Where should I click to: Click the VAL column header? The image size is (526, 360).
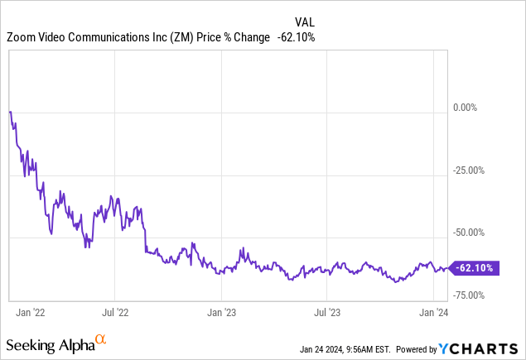[305, 22]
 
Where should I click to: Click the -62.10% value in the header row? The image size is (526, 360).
[295, 37]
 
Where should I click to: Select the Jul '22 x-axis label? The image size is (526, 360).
[115, 313]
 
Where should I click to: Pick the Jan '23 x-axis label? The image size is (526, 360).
[220, 313]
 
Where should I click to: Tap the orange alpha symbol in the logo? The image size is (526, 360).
[101, 339]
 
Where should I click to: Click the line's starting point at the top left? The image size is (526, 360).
[9, 111]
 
